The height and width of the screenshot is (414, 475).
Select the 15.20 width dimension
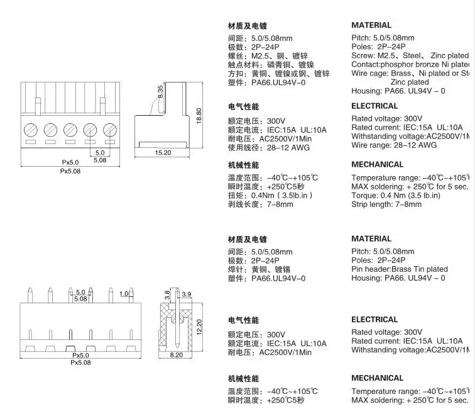pos(163,153)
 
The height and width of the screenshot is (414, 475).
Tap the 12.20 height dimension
pos(200,327)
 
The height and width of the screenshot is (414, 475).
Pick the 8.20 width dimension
pos(176,355)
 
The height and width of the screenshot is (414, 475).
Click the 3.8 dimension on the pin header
pos(168,293)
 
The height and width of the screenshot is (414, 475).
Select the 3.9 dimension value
pos(186,294)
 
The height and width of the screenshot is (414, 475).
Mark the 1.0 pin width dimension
pos(124,293)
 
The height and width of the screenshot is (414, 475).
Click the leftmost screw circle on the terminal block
pos(30,130)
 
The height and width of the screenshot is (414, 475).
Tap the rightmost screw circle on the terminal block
pos(109,130)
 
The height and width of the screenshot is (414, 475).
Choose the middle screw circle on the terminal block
pos(70,130)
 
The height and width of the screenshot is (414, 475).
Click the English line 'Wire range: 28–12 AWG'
pos(394,145)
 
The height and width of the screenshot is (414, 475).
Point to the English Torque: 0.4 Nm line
pos(396,196)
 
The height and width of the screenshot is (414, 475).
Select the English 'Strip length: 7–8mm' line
pos(386,204)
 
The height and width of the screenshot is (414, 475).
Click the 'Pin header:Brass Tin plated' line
pos(400,269)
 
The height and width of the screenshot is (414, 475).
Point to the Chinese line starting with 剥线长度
pos(260,204)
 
